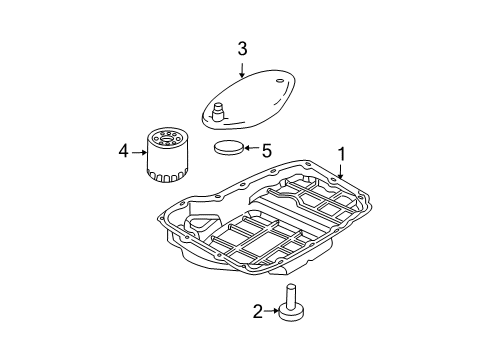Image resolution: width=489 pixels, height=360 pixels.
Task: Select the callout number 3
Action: [x=242, y=49]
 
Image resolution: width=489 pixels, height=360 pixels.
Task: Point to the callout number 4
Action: [x=123, y=152]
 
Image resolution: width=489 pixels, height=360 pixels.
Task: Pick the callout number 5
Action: [x=266, y=152]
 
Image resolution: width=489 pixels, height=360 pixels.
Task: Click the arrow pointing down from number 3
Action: [x=242, y=69]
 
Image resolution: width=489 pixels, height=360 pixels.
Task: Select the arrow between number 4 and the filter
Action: [x=139, y=152]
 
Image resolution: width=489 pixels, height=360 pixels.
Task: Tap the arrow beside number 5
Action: [x=250, y=152]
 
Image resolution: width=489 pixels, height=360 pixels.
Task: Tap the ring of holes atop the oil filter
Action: [x=166, y=132]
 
